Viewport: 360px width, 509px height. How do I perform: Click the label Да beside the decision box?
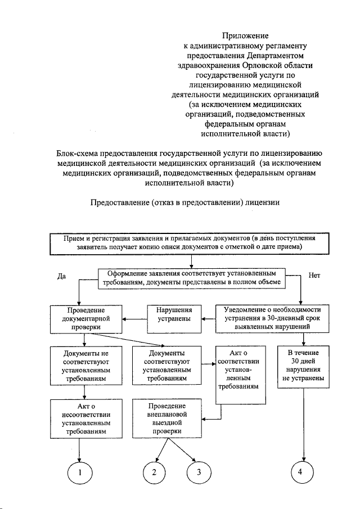(x=62, y=276)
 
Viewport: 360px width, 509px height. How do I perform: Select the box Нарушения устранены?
(x=174, y=318)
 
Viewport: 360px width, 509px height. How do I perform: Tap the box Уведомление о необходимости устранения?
(x=272, y=318)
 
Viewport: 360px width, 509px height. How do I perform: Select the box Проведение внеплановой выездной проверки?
(x=167, y=418)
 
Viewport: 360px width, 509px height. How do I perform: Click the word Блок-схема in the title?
(x=78, y=153)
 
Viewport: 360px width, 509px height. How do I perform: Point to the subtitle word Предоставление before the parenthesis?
(x=119, y=202)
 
